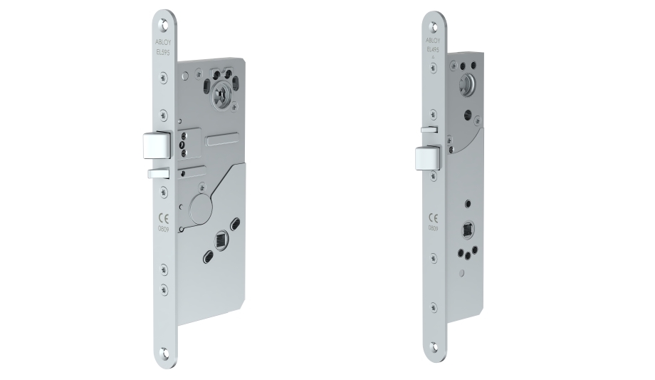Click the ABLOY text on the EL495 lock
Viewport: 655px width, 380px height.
pos(431,38)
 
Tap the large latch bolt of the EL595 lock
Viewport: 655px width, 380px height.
pos(154,145)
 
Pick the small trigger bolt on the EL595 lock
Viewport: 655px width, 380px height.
pos(155,173)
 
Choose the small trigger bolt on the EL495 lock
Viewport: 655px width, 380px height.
pos(427,130)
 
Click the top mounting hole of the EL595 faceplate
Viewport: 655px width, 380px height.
pos(167,23)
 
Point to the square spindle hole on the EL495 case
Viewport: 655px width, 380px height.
pos(468,230)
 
